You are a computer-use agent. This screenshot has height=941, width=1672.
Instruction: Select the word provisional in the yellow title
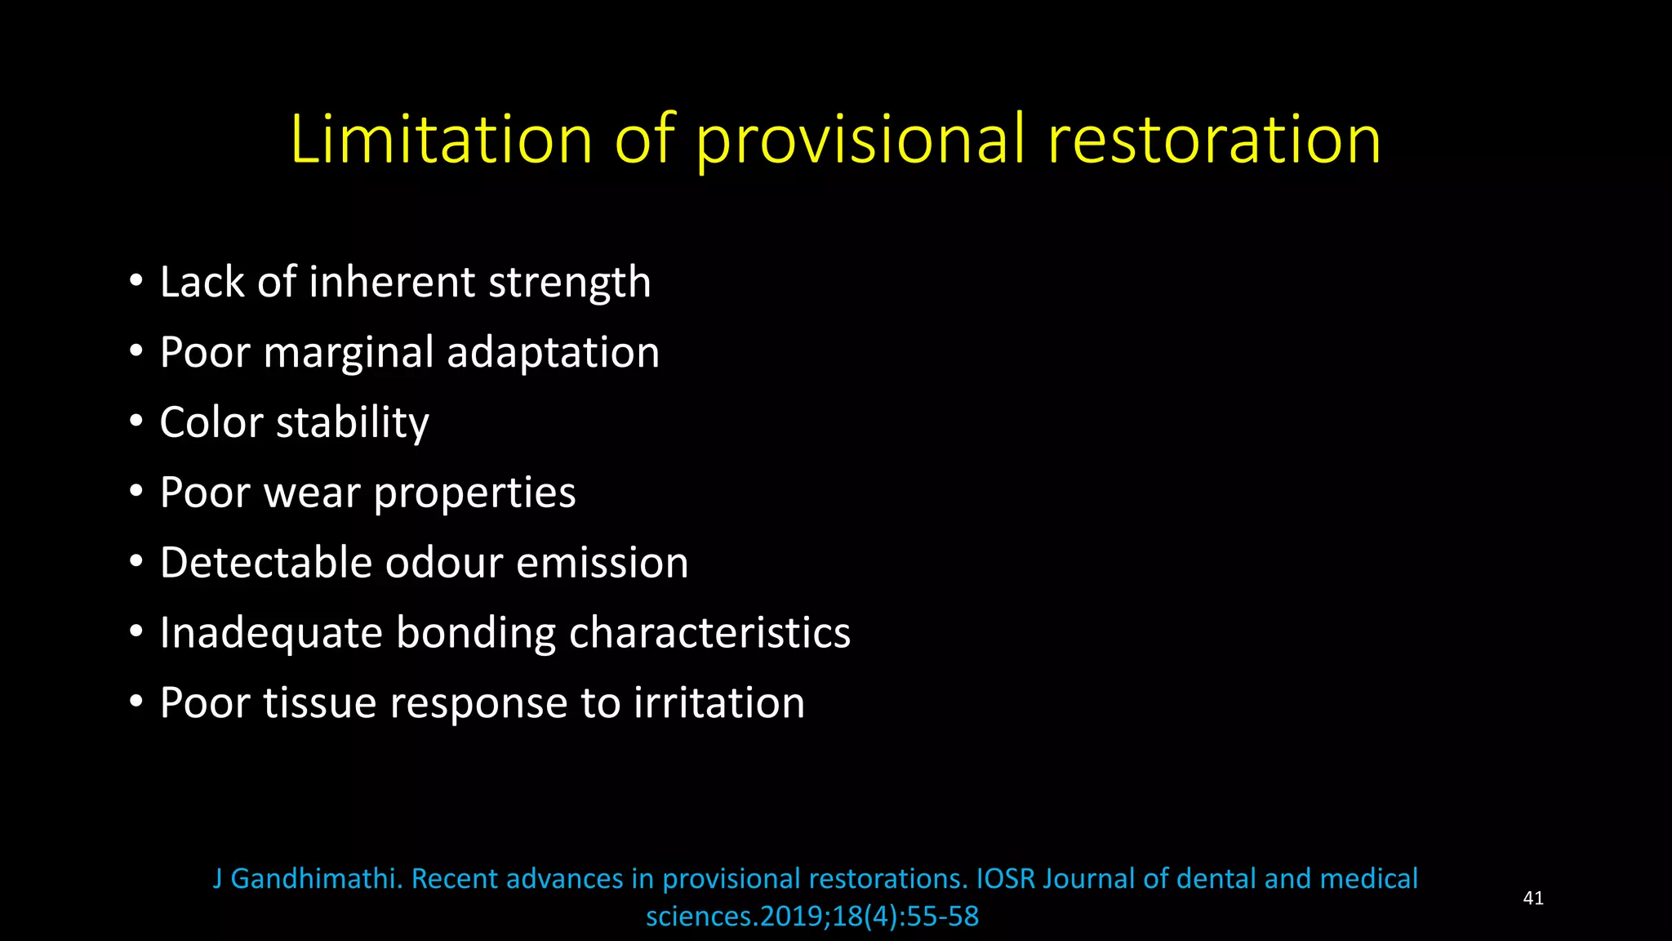click(x=860, y=140)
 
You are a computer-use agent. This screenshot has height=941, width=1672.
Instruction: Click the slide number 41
click(x=1533, y=899)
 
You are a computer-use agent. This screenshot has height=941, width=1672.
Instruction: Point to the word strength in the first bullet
click(x=569, y=283)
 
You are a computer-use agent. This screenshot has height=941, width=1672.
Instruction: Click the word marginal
click(x=349, y=354)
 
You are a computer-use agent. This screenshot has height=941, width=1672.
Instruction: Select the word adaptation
click(x=553, y=354)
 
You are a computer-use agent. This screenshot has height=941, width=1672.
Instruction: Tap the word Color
click(x=211, y=422)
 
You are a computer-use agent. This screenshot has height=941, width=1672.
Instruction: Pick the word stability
click(x=353, y=424)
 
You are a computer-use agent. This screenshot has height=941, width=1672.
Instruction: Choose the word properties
click(x=474, y=494)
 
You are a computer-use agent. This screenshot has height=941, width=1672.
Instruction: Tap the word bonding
click(x=476, y=634)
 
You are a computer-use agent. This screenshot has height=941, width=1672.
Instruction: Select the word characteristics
click(x=709, y=633)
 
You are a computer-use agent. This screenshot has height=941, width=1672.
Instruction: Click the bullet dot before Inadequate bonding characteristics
click(x=136, y=631)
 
